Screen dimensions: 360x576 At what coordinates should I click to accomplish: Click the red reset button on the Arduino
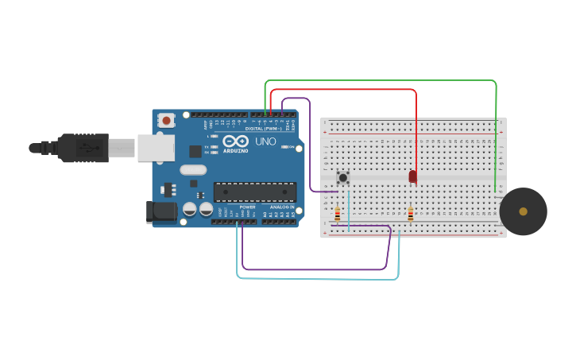pyautogui.click(x=166, y=120)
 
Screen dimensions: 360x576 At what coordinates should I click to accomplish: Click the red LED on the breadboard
pyautogui.click(x=412, y=176)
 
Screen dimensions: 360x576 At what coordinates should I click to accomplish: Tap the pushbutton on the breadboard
pyautogui.click(x=342, y=177)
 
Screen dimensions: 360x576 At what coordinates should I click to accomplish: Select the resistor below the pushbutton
pyautogui.click(x=337, y=214)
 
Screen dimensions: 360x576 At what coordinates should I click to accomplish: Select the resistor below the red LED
pyautogui.click(x=410, y=214)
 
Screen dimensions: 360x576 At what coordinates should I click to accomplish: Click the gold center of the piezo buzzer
pyautogui.click(x=523, y=211)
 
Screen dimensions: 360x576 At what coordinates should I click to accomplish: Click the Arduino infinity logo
pyautogui.click(x=236, y=141)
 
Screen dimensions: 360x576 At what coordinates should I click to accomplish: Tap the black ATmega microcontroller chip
pyautogui.click(x=254, y=192)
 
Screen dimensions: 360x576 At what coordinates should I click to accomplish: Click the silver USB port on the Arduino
pyautogui.click(x=156, y=148)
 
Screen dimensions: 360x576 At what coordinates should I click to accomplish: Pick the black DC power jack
pyautogui.click(x=161, y=211)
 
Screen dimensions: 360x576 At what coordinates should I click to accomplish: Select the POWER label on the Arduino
pyautogui.click(x=247, y=207)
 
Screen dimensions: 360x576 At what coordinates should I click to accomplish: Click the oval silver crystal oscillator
pyautogui.click(x=193, y=169)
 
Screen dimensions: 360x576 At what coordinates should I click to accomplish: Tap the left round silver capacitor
pyautogui.click(x=190, y=209)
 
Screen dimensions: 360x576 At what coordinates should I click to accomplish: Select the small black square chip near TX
pyautogui.click(x=195, y=151)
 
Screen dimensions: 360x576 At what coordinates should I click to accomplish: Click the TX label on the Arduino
pyautogui.click(x=207, y=147)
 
